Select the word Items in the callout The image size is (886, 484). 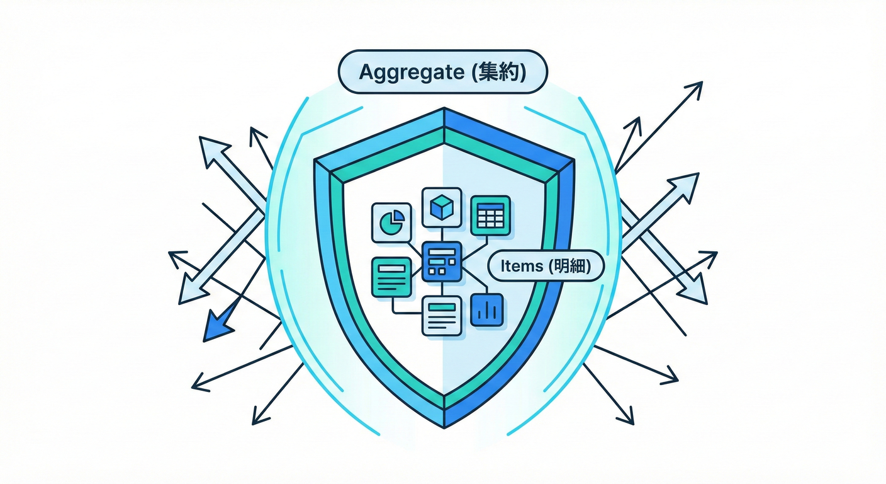click(x=521, y=267)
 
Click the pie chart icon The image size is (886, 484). click(x=392, y=222)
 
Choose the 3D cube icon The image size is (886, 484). click(x=442, y=207)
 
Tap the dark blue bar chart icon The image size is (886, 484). click(x=486, y=309)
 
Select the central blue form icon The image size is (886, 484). click(x=442, y=261)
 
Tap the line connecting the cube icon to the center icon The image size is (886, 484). click(x=442, y=234)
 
